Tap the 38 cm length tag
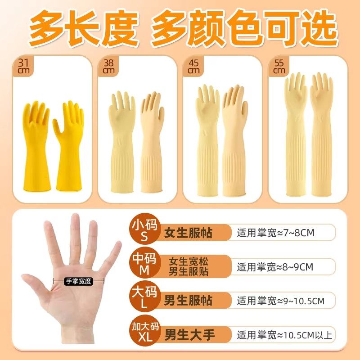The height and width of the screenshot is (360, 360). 108,67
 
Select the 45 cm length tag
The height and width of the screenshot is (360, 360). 194,67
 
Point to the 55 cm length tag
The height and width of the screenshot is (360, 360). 279,67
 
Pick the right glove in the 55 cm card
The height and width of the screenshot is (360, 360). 321,135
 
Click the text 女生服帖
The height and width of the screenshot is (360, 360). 188,233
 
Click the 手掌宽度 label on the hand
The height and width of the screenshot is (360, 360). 78,281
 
